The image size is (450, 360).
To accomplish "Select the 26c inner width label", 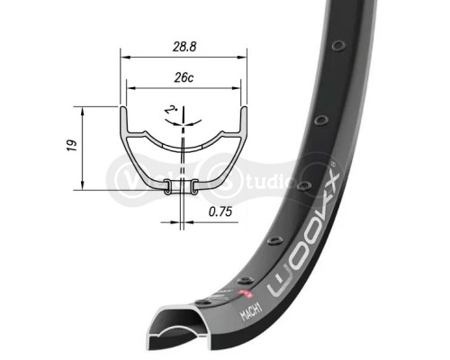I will tap(182, 77).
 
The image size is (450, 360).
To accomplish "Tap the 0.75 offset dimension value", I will tap(220, 212).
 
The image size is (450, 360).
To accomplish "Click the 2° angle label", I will tap(170, 111).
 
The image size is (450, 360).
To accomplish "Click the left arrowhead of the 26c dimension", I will tap(130, 88).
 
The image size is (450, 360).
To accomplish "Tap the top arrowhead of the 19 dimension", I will tap(82, 109).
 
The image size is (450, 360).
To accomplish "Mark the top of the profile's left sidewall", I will tap(124, 111).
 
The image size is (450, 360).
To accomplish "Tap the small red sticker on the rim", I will tap(242, 294).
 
